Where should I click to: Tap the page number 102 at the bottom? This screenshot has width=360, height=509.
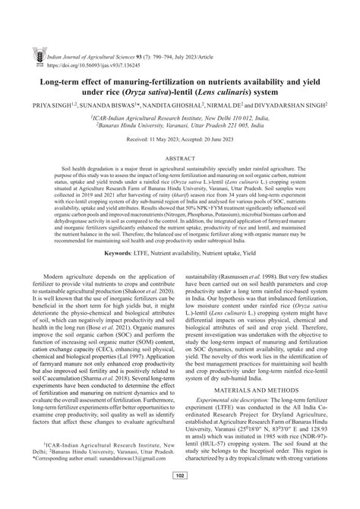[180, 498]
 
